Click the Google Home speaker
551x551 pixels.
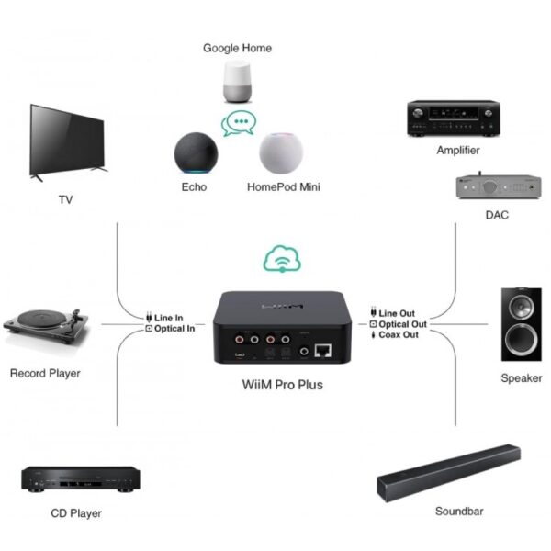(x=237, y=82)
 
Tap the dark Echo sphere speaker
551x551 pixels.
(x=197, y=152)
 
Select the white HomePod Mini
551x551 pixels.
(x=281, y=152)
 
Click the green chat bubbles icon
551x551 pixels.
(x=239, y=123)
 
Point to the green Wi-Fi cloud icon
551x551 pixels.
(x=282, y=259)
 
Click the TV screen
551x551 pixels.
(x=68, y=141)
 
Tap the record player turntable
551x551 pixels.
(x=46, y=325)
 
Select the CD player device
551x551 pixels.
(x=81, y=478)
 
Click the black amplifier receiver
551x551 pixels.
(x=454, y=118)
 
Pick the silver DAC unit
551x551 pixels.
(x=499, y=186)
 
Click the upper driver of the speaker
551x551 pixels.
(x=521, y=306)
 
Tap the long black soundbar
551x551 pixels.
(x=449, y=473)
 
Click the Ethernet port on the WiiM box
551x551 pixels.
(x=322, y=351)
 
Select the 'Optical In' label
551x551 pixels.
(x=171, y=329)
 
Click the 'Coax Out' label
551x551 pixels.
(x=395, y=334)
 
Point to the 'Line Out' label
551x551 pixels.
(x=393, y=313)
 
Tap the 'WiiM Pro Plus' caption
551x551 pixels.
(x=283, y=385)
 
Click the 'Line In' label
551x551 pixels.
(x=164, y=318)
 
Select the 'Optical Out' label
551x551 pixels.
(x=399, y=324)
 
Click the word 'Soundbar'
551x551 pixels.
(x=459, y=511)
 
